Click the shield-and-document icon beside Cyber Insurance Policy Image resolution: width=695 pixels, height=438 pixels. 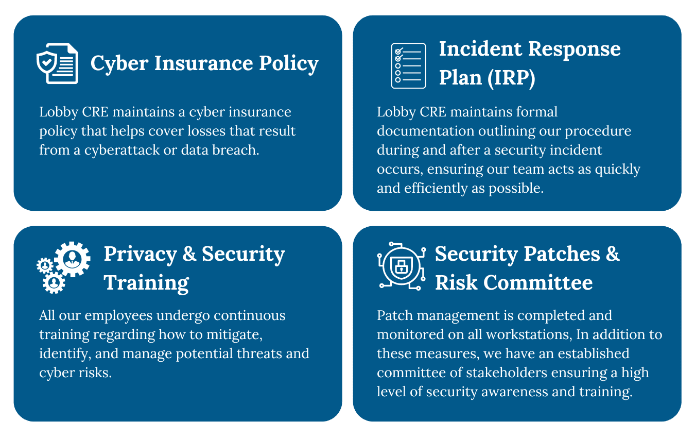pos(57,63)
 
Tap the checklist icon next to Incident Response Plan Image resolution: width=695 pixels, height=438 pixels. pos(408,65)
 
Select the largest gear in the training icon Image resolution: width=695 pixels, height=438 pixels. pos(72,259)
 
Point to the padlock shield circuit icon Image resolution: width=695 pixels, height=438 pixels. pos(402,266)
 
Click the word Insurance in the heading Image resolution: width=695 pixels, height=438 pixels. pos(203,63)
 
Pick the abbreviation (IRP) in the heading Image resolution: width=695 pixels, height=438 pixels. pos(512,78)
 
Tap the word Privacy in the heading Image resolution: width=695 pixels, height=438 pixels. pos(140,255)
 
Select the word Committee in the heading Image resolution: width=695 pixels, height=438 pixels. pos(538,283)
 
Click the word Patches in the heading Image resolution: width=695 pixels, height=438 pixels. pos(562,254)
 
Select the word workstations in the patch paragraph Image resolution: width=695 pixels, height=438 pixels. pos(529,334)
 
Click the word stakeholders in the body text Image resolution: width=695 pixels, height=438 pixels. pos(507,373)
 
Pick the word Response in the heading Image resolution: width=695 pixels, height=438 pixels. pos(575,49)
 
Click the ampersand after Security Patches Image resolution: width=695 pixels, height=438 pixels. pos(613,254)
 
